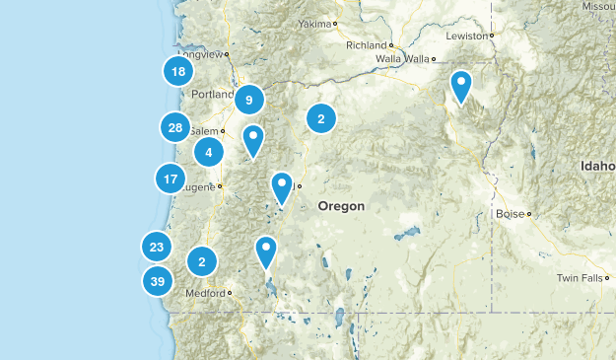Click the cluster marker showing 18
(177, 71)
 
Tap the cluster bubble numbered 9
(249, 100)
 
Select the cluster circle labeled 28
(175, 127)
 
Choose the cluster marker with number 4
(209, 152)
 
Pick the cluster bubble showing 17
(171, 180)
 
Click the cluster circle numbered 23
(157, 247)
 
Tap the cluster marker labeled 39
(157, 281)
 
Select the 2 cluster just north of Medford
(202, 261)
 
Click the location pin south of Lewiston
(460, 86)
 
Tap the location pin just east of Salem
(253, 139)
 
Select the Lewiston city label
(467, 36)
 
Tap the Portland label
(213, 95)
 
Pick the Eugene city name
(201, 185)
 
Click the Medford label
(205, 293)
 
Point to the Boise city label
(511, 213)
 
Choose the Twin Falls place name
(578, 278)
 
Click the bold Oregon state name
(341, 207)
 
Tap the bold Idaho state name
(597, 166)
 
